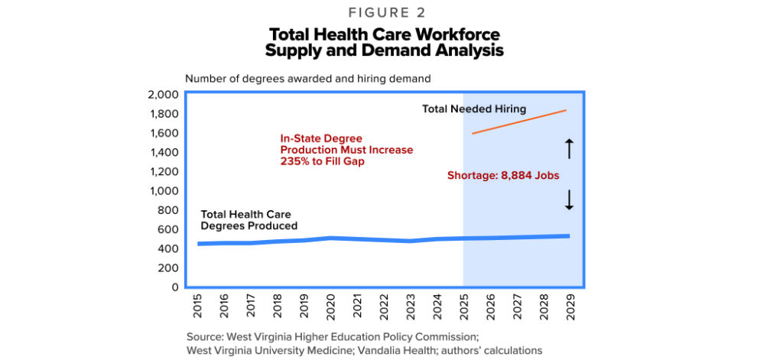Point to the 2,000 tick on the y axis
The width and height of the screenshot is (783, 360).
pyautogui.click(x=162, y=95)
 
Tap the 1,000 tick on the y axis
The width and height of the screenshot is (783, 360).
pyautogui.click(x=163, y=191)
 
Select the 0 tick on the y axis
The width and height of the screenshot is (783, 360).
pyautogui.click(x=175, y=287)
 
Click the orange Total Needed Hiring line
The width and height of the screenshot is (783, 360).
pyautogui.click(x=520, y=122)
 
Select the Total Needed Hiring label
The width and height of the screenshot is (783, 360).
pyautogui.click(x=474, y=109)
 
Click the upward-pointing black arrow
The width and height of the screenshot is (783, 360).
pyautogui.click(x=569, y=148)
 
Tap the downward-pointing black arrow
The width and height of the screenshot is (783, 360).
pyautogui.click(x=569, y=200)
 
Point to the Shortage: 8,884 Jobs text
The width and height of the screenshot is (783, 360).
pyautogui.click(x=503, y=175)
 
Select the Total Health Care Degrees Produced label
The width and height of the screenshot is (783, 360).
pyautogui.click(x=249, y=220)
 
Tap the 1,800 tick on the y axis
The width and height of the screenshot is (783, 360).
pyautogui.click(x=163, y=114)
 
